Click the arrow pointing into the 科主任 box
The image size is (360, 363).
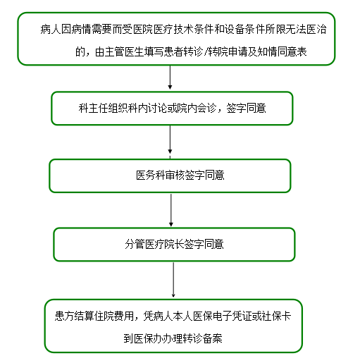tap(170, 78)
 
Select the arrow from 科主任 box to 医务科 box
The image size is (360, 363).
tap(170, 140)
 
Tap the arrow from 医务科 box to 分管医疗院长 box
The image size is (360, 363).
tap(171, 210)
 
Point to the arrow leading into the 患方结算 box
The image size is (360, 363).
tap(173, 280)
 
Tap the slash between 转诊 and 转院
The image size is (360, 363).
tap(206, 51)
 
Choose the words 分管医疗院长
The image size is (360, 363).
tap(154, 244)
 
